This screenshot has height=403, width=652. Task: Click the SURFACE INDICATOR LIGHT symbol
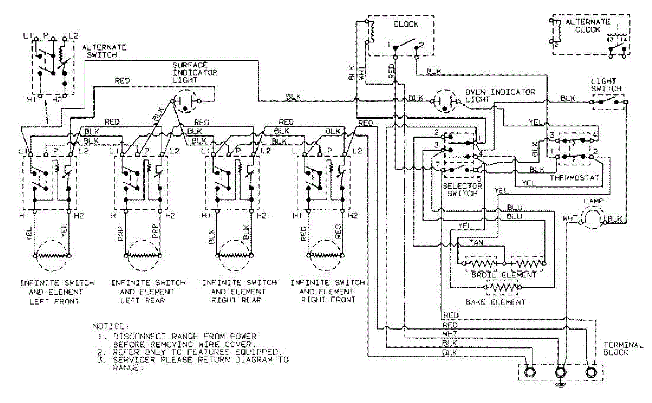point(186,102)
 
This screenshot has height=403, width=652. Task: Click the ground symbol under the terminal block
point(560,386)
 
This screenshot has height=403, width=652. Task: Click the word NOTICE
point(111,326)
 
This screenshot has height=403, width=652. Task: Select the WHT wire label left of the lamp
point(569,219)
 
